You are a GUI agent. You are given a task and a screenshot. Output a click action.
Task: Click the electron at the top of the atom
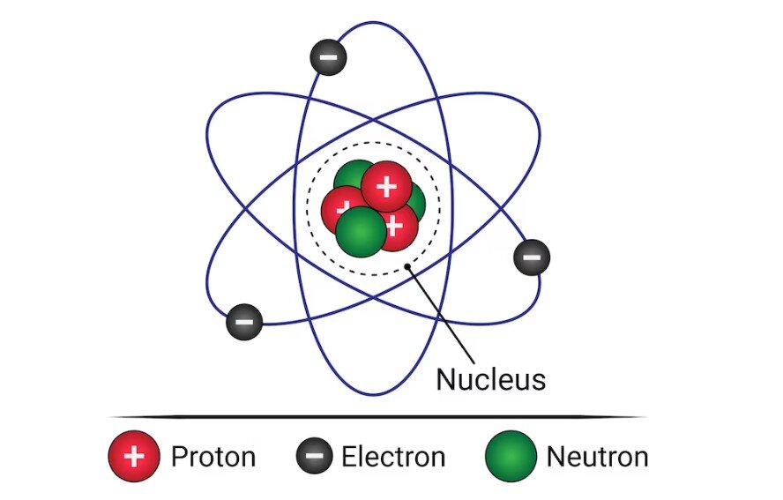click(328, 58)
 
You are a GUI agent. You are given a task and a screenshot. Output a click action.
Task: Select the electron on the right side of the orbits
click(532, 257)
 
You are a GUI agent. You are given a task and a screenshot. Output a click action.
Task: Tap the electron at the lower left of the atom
click(244, 322)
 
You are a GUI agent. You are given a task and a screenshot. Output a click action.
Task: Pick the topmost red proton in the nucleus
click(386, 186)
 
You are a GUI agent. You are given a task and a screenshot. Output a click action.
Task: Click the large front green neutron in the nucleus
click(361, 231)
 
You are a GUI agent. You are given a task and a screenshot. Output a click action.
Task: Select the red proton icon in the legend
click(134, 457)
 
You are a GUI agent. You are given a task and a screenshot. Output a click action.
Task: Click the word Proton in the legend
click(213, 457)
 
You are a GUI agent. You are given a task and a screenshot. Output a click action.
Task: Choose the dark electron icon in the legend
click(314, 457)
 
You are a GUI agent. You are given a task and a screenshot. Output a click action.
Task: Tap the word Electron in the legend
click(393, 457)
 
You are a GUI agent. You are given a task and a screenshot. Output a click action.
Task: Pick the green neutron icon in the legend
click(511, 457)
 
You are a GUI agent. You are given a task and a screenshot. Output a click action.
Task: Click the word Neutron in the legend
click(597, 457)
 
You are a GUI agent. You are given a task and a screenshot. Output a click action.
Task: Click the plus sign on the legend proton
click(134, 457)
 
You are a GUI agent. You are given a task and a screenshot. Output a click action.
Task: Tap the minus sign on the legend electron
click(314, 457)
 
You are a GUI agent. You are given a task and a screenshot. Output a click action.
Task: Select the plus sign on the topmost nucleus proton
click(386, 187)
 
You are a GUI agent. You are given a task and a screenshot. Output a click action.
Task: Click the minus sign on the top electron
click(328, 58)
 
